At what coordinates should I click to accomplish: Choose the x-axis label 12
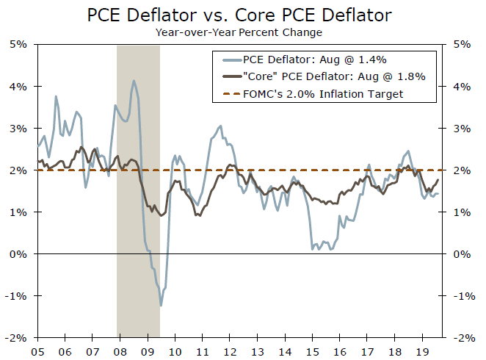click(231, 350)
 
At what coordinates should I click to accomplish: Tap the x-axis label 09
click(148, 350)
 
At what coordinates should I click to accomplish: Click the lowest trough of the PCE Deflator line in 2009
click(161, 305)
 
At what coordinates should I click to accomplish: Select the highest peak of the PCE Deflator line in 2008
click(134, 81)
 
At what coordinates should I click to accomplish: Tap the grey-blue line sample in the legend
click(227, 60)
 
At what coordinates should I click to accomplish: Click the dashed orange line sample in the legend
click(227, 94)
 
